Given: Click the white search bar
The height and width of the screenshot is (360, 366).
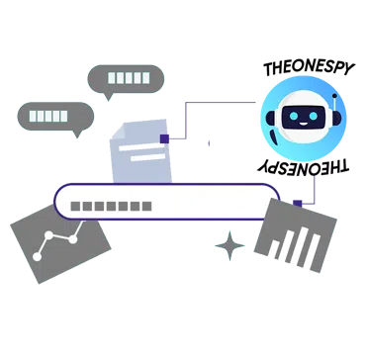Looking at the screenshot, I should (168, 202).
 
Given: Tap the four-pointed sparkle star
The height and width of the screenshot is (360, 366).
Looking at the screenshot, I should (230, 243).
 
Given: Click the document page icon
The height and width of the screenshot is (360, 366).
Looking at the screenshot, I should (141, 154).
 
